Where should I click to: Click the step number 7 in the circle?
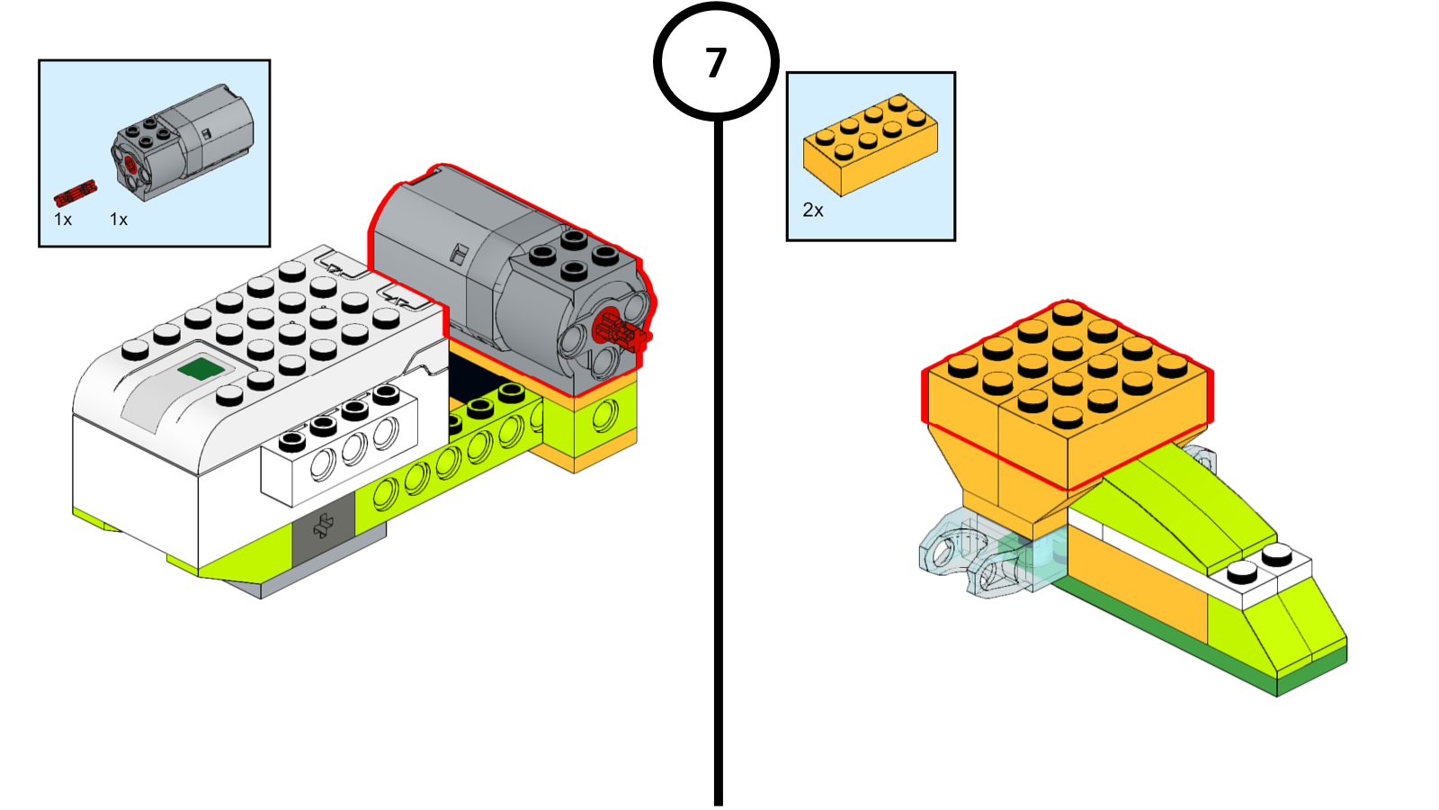tap(716, 62)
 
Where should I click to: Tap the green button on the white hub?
tap(201, 369)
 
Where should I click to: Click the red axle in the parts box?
tap(76, 193)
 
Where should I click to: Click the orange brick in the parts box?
tap(871, 145)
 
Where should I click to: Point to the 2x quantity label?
tap(813, 211)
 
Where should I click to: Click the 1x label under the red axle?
tap(63, 220)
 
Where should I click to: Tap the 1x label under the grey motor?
tap(119, 220)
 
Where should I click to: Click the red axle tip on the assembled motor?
tap(621, 330)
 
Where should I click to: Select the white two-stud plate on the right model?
tap(1260, 574)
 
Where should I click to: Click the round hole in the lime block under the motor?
tap(605, 414)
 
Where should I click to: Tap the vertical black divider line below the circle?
tap(719, 463)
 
